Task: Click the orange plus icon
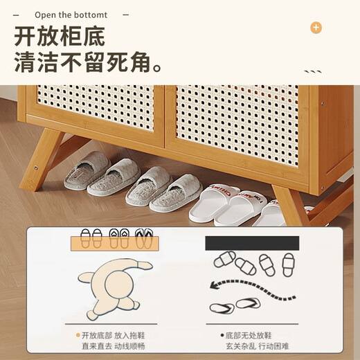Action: pos(316,28)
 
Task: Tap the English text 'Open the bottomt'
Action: pos(71,15)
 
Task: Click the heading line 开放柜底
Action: pos(60,37)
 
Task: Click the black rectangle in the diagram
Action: pos(252,243)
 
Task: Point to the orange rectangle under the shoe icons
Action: pos(115,244)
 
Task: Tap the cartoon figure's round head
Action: pos(119,283)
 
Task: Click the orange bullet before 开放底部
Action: pos(78,335)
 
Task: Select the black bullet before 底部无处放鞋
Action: pos(222,335)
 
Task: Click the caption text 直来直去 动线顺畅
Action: pos(114,346)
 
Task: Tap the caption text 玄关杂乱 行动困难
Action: pos(258,346)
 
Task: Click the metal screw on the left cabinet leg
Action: pos(36,168)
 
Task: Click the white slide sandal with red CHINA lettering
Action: pos(213,202)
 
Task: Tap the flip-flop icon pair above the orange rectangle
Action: pos(144,238)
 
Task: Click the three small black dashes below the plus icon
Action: pos(313,72)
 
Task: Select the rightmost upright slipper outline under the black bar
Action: pos(289,264)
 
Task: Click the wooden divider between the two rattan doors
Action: pos(164,116)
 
